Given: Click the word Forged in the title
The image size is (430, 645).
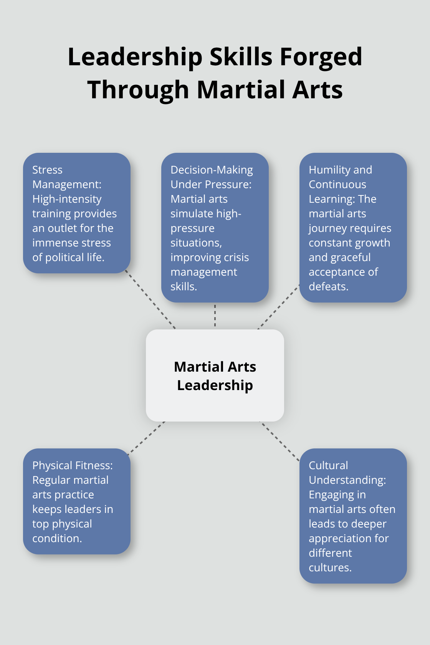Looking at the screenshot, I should coord(321,57).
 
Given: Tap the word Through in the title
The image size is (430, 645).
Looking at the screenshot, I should coord(138,90).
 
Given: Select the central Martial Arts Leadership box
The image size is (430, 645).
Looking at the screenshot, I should coord(215,375).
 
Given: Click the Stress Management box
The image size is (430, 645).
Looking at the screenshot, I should coord(77,213).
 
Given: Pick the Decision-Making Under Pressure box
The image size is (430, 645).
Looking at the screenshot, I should coord(215,228).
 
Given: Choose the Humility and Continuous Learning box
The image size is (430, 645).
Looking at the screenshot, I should coord(353,228).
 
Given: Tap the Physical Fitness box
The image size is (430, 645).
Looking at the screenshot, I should coord(77,501).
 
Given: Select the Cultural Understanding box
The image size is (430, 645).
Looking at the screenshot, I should coord(353,516).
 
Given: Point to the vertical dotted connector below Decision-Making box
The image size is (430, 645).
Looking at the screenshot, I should coord(215,316).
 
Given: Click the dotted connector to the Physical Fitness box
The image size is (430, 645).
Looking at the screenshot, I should coord(147,438).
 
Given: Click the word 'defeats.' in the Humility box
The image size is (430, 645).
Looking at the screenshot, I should coord(329,286).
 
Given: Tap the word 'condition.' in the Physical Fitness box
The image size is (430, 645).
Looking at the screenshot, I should coord(57,538).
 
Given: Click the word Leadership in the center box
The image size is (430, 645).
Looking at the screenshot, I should coord(215,385).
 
